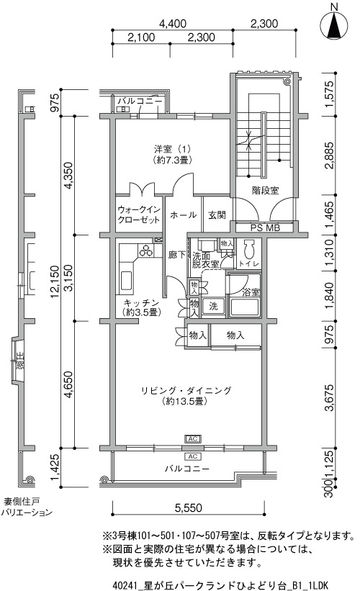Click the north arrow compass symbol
[x=333, y=25]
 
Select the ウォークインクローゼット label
[x=139, y=215]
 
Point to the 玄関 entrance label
[x=217, y=215]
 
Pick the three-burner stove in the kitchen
[x=145, y=250]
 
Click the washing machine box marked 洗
[x=213, y=307]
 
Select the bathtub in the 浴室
[x=246, y=307]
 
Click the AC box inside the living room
[x=192, y=438]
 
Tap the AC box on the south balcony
[x=192, y=456]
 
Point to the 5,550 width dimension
[x=189, y=508]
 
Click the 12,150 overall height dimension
[x=55, y=282]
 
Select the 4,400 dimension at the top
[x=173, y=24]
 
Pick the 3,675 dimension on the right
[x=329, y=397]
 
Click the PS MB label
[x=266, y=227]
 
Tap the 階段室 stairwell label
[x=266, y=190]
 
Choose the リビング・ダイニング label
[x=186, y=390]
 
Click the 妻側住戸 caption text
[x=22, y=502]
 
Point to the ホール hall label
[x=183, y=215]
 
